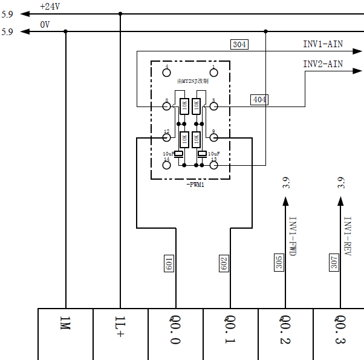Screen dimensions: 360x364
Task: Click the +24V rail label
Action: pyautogui.click(x=51, y=7)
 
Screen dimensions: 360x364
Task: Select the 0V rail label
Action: pyautogui.click(x=45, y=25)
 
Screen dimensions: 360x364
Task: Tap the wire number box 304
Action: pyautogui.click(x=239, y=44)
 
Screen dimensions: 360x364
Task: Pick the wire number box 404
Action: pyautogui.click(x=259, y=100)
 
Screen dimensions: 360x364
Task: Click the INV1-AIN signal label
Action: pyautogui.click(x=323, y=44)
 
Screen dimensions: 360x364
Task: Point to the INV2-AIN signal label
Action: pyautogui.click(x=323, y=64)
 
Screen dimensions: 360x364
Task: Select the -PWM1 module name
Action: pyautogui.click(x=196, y=184)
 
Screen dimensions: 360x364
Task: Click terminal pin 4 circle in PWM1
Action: pyautogui.click(x=167, y=73)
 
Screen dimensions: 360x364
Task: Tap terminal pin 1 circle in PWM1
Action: pyautogui.click(x=213, y=73)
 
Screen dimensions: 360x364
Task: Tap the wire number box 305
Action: pyautogui.click(x=279, y=261)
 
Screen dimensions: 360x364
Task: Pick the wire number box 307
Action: pyautogui.click(x=334, y=261)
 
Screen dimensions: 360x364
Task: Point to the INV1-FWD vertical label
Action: pyautogui.click(x=293, y=236)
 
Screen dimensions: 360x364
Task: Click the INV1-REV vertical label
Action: pyautogui.click(x=348, y=236)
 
